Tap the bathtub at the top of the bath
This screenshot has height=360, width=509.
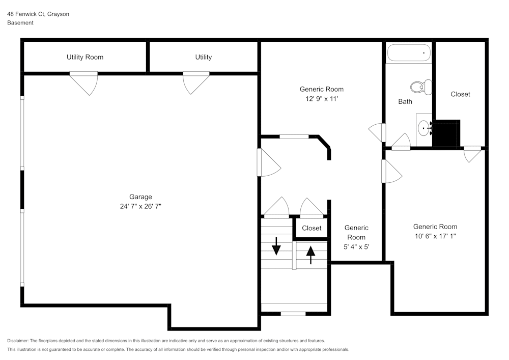pyautogui.click(x=409, y=53)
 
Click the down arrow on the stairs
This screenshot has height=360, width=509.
pyautogui.click(x=276, y=246)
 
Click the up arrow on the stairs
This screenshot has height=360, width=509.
pyautogui.click(x=310, y=254)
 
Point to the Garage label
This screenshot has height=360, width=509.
pyautogui.click(x=140, y=197)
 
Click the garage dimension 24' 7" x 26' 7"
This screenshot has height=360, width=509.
pyautogui.click(x=140, y=206)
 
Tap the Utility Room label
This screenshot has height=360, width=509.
pyautogui.click(x=85, y=57)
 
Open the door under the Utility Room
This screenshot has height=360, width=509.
pyautogui.click(x=84, y=82)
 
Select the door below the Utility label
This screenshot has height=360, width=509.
pyautogui.click(x=196, y=82)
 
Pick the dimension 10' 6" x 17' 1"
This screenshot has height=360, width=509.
pyautogui.click(x=435, y=236)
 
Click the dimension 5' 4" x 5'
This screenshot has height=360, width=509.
pyautogui.click(x=356, y=247)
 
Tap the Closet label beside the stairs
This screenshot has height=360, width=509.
pyautogui.click(x=312, y=228)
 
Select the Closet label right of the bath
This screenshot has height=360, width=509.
pyautogui.click(x=460, y=94)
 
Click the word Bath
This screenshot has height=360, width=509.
pyautogui.click(x=405, y=102)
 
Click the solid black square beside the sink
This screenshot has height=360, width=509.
pyautogui.click(x=447, y=133)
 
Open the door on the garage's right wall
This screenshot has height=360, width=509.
pyautogui.click(x=268, y=162)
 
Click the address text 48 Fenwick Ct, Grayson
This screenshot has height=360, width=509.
pyautogui.click(x=38, y=14)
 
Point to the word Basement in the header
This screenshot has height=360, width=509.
pyautogui.click(x=20, y=23)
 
